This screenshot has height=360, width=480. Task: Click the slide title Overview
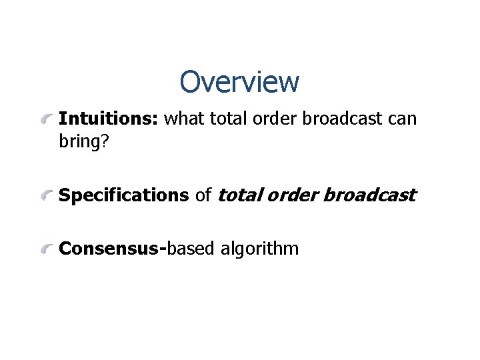(239, 82)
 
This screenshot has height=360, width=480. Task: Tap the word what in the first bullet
(185, 119)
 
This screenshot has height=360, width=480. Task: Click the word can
(402, 119)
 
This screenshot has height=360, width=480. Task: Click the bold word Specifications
(124, 195)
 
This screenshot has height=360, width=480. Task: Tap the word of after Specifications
(203, 195)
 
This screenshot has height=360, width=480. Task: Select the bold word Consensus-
(112, 249)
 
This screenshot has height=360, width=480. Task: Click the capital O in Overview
(190, 82)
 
